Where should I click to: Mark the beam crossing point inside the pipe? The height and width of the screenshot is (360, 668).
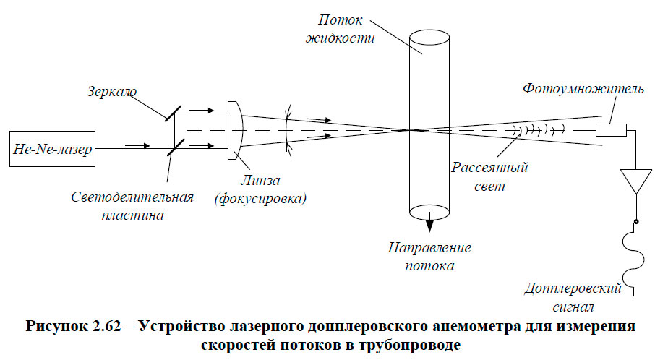410,130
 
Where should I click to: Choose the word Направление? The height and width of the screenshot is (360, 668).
429,248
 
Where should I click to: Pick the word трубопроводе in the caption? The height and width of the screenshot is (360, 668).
405,344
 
